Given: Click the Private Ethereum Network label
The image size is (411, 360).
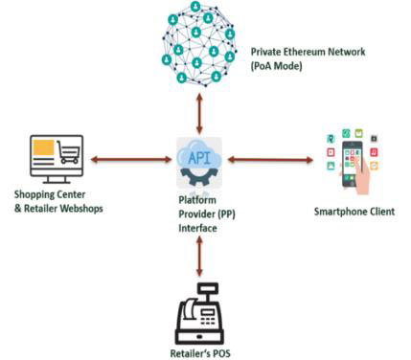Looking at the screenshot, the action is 308,52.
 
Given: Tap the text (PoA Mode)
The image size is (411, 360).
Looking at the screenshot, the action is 276,66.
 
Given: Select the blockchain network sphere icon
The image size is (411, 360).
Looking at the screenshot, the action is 199,44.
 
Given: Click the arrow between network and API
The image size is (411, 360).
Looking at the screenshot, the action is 199,114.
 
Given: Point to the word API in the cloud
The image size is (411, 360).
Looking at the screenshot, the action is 199,158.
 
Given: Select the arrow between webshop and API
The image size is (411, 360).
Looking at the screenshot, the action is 131,159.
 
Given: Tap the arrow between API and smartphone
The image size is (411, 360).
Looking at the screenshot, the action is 270,159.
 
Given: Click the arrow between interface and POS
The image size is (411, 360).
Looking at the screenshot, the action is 199,257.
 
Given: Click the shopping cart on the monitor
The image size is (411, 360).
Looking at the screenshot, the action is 68,151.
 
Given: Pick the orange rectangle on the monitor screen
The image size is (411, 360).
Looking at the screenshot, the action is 43,147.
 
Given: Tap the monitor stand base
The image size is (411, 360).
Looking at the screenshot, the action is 57,181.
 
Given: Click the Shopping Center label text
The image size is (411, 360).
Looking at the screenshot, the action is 50,194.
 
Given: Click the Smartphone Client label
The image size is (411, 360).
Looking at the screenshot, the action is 354,212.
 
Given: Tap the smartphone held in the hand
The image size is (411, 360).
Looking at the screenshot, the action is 353,164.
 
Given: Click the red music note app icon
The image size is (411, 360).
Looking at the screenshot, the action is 374,152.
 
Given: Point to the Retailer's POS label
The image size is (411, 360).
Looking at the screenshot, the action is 200,353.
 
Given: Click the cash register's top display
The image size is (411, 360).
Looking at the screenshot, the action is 208,289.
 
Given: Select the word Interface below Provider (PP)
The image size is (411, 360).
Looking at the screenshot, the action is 197,228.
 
